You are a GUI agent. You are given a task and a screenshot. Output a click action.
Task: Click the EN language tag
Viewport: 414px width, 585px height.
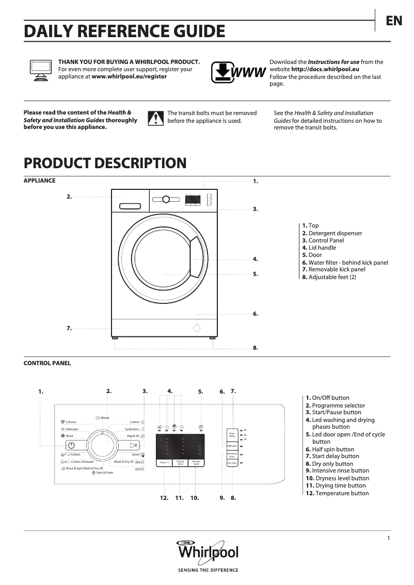394,21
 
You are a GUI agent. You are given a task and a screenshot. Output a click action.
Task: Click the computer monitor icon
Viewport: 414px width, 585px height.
40,69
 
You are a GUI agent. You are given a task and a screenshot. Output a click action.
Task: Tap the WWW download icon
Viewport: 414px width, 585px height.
238,72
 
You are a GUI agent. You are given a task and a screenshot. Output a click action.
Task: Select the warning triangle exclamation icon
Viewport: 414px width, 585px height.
155,118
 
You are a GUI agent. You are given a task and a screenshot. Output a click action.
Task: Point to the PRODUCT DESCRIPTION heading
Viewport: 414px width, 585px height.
105,163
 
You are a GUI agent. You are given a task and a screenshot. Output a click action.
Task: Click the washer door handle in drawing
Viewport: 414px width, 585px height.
196,258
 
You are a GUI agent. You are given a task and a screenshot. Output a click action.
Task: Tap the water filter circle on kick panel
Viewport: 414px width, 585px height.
197,328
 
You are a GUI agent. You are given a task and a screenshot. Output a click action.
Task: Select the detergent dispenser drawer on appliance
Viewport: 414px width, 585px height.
130,206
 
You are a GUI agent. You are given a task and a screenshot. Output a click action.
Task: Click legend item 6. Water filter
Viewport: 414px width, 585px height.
345,263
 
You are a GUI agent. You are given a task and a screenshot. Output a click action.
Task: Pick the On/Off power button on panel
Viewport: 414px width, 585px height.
71,445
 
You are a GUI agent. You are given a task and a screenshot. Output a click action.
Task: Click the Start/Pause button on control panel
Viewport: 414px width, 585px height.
133,445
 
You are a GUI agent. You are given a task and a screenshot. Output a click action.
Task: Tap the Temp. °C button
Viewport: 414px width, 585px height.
164,462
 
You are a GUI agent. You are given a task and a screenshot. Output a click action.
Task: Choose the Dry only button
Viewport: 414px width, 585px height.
232,463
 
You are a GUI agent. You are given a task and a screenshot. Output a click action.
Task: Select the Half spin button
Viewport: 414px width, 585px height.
232,446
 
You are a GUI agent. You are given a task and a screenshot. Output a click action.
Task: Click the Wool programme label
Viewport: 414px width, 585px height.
69,436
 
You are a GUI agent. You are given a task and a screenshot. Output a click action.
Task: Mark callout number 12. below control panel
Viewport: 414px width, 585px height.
164,498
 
